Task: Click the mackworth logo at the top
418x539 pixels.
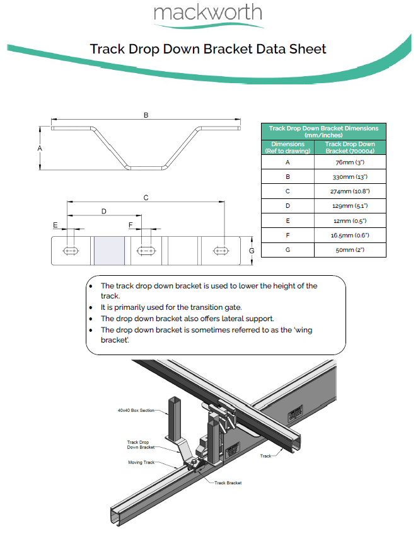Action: (x=208, y=13)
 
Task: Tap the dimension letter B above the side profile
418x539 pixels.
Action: (x=146, y=115)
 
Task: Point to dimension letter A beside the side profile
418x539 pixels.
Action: (x=40, y=148)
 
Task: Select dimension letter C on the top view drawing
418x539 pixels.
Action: (x=146, y=198)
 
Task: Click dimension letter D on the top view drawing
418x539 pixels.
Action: (x=104, y=211)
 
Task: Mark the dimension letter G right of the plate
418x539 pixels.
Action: (x=252, y=251)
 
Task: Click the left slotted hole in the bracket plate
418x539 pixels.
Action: (x=71, y=251)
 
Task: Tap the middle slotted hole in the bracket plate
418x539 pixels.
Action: (x=146, y=251)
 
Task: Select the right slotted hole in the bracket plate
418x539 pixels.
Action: (x=221, y=251)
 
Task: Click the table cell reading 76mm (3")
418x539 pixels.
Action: (x=351, y=162)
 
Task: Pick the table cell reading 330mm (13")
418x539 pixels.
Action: (x=351, y=177)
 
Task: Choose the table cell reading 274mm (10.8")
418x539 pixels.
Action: (x=351, y=191)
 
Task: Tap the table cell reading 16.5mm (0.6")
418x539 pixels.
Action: (x=351, y=235)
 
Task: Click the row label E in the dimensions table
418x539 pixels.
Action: (x=287, y=220)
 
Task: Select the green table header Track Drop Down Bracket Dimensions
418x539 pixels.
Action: (x=323, y=131)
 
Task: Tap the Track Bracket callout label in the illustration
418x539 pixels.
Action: (x=228, y=483)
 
